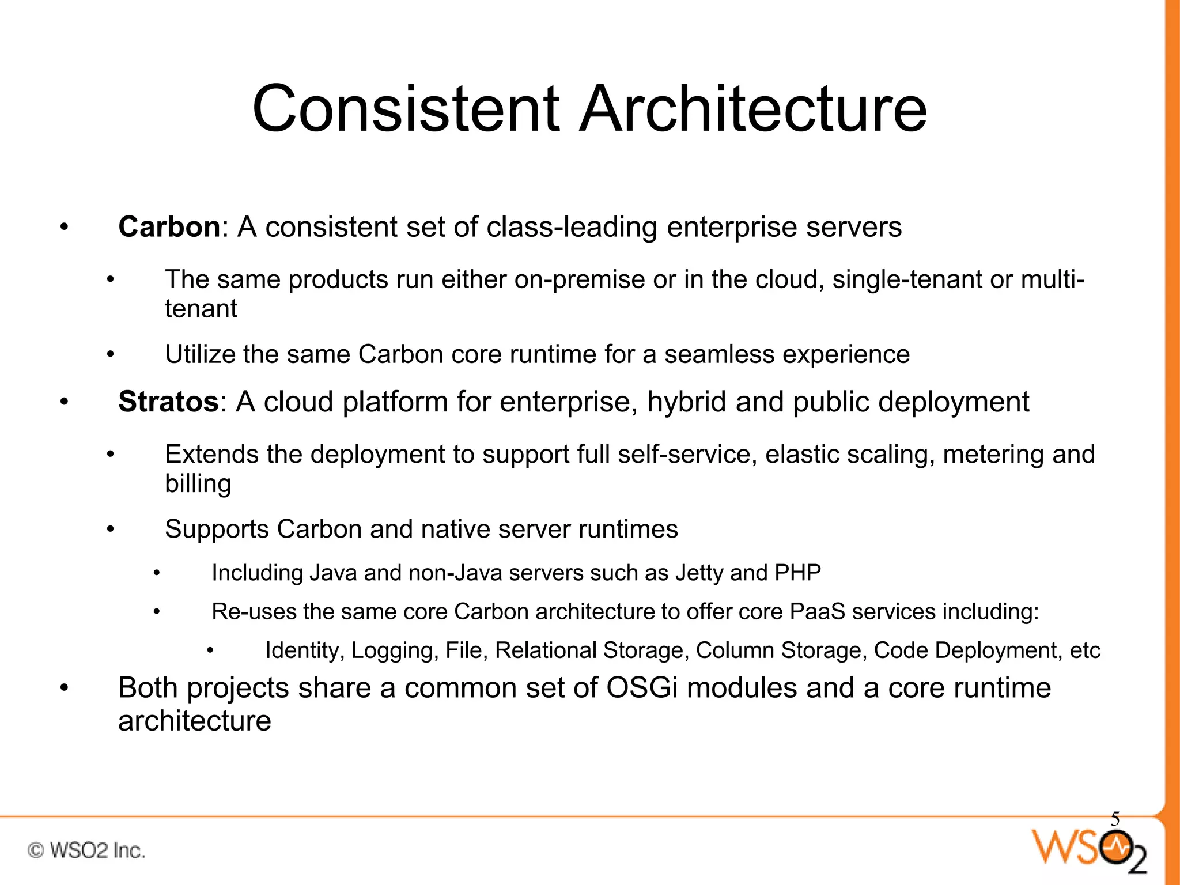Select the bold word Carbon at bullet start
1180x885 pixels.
169,227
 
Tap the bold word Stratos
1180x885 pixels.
168,402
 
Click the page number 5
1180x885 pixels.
1115,819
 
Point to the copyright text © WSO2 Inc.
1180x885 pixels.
86,850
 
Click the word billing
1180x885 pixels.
198,484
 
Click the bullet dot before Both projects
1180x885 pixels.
65,688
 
